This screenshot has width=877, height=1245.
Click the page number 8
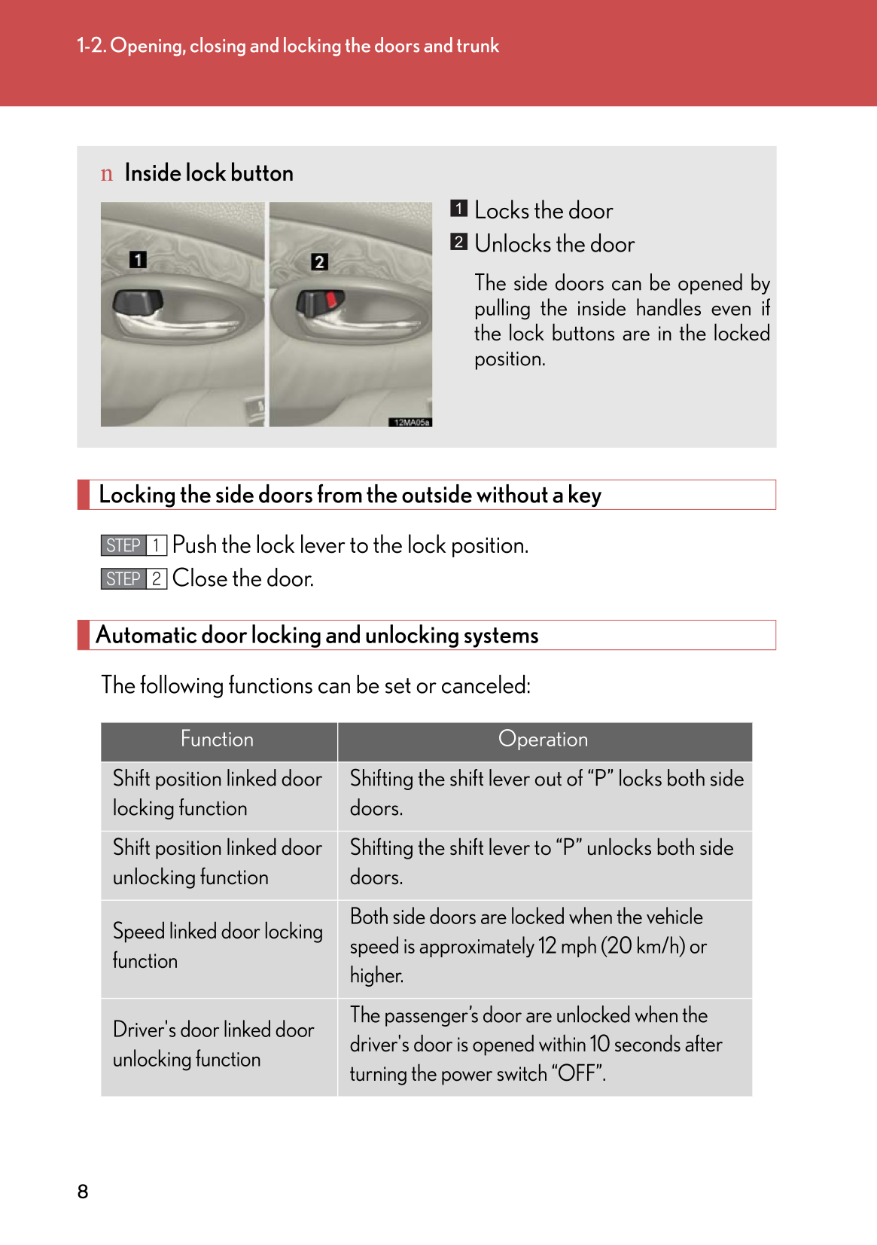[83, 1192]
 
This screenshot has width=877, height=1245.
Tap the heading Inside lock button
[209, 173]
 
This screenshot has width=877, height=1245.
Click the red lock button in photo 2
[331, 301]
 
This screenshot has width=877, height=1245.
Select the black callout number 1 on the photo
[138, 260]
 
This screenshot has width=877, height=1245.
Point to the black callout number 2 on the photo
[319, 262]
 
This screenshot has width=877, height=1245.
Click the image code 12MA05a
[411, 423]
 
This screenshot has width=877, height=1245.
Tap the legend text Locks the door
[544, 211]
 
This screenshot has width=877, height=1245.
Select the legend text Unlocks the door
[554, 244]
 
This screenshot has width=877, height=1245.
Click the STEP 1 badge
[133, 545]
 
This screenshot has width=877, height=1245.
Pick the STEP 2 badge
[133, 578]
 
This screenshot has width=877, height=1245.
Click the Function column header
[218, 740]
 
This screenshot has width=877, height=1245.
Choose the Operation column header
[543, 740]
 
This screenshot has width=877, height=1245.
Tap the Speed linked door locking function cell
[217, 946]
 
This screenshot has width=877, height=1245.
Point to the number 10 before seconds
[599, 1045]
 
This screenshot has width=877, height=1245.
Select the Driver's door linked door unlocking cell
[213, 1045]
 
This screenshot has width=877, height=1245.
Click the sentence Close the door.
[242, 578]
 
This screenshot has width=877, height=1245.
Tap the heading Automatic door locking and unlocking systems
[317, 636]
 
